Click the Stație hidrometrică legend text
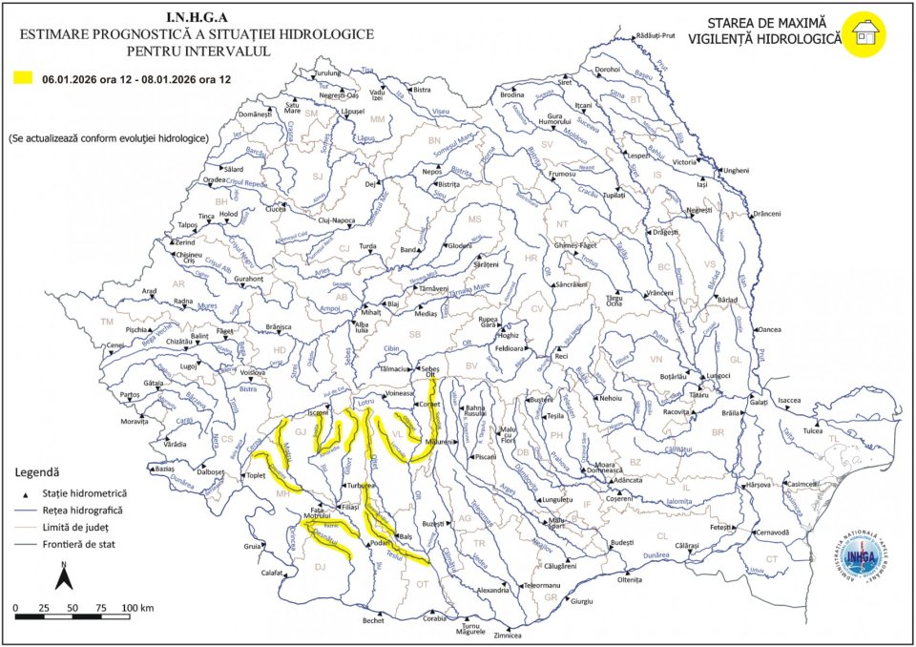coord(84,493)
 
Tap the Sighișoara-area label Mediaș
coord(426,313)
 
